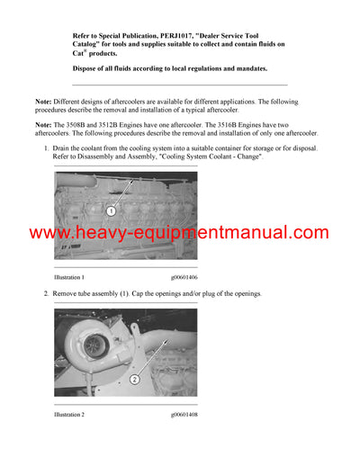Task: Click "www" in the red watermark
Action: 49,234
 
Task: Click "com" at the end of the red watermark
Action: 307,234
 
